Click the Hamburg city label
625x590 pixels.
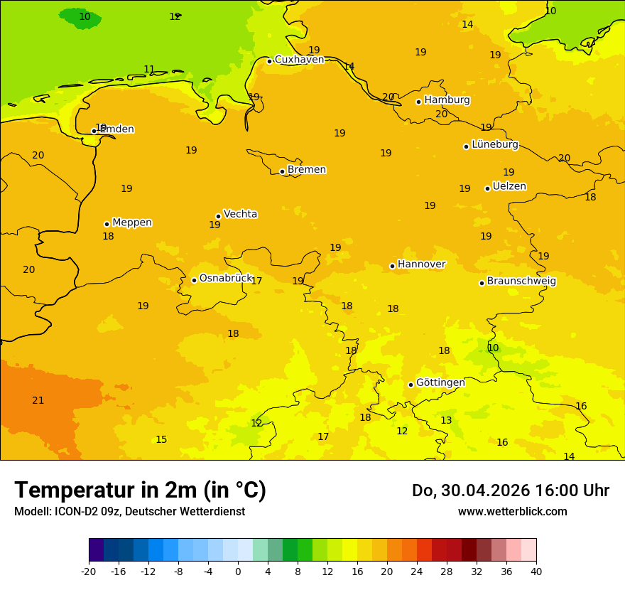447,100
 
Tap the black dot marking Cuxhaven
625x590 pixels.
269,61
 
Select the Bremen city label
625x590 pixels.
306,170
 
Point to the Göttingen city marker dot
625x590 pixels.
411,385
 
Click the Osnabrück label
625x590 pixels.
226,278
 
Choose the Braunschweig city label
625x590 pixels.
521,281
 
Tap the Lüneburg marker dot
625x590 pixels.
466,146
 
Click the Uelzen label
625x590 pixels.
509,187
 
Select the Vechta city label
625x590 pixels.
240,214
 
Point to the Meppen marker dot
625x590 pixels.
107,224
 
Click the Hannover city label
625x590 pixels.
421,264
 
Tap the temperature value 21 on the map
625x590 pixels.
38,401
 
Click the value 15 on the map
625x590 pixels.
161,440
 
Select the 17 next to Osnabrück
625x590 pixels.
256,281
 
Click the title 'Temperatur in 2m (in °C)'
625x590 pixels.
140,490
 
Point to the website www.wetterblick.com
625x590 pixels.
512,512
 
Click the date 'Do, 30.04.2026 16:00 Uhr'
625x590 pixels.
510,490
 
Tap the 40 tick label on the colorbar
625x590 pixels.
536,571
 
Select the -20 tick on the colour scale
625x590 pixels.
89,571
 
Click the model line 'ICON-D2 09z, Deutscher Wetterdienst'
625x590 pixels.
129,512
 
